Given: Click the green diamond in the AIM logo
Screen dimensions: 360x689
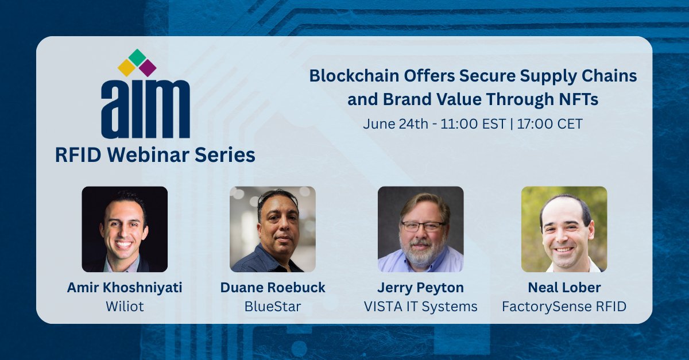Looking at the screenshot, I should point(137,57).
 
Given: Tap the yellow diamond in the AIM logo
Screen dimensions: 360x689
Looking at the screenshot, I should point(126,68).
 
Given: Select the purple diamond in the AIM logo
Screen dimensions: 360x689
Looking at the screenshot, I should point(148,68).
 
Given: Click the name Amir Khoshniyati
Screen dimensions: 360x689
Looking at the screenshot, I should point(125,288).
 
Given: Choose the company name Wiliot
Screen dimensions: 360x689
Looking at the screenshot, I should point(125,307).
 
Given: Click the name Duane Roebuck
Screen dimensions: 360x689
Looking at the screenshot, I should point(273,288).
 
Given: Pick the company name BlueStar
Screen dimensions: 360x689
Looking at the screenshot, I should point(273,307).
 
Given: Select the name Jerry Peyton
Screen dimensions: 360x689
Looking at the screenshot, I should point(420,288).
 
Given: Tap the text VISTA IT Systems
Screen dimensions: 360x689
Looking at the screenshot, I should point(420,307).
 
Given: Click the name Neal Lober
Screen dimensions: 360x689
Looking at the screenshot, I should point(564,288).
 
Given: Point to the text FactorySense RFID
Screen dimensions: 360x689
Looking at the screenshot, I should point(564,307).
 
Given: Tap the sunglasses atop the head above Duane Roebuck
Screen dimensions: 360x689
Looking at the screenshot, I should point(278,196).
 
